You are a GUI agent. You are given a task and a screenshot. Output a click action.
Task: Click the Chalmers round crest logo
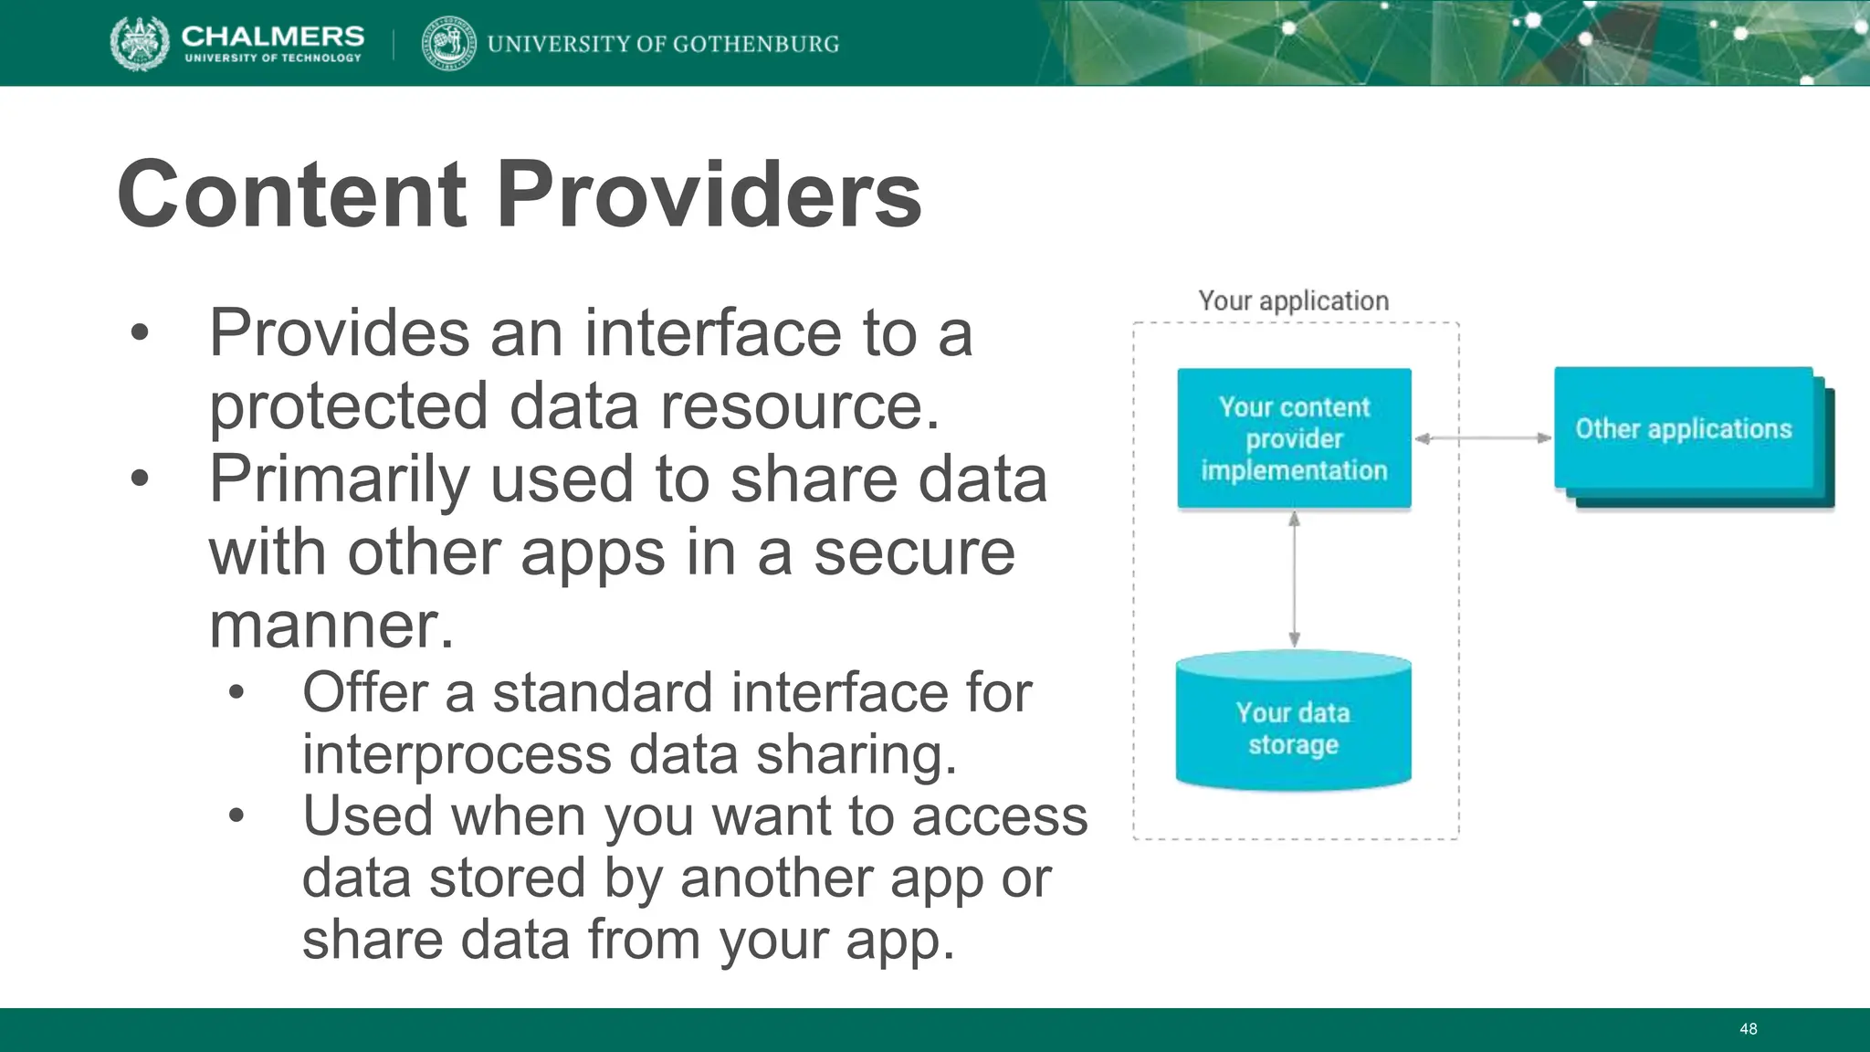(140, 43)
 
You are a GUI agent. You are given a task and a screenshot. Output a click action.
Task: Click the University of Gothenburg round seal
(448, 43)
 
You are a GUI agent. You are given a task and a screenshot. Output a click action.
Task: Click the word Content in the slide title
(292, 195)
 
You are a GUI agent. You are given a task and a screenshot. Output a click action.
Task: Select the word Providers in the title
(709, 195)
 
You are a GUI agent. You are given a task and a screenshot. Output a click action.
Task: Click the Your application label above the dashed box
(1293, 300)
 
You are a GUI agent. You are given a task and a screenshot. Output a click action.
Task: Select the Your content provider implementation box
(1294, 438)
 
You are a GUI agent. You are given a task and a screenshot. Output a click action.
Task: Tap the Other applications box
(1683, 429)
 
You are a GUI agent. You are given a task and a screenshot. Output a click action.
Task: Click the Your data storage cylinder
(1293, 727)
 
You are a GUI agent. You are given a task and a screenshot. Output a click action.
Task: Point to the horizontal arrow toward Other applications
(1483, 438)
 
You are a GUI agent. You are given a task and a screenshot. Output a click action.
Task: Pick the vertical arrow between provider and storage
(1294, 579)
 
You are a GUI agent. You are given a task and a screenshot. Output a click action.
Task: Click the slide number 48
(1748, 1029)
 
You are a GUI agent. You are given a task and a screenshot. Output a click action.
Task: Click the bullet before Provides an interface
(139, 333)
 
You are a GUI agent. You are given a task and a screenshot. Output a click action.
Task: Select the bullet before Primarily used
(139, 479)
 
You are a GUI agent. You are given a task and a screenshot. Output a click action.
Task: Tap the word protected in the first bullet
(348, 406)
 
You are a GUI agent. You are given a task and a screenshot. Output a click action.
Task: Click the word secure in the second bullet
(913, 552)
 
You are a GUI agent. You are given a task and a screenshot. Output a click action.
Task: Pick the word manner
(331, 626)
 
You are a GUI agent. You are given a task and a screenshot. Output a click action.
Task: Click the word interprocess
(457, 755)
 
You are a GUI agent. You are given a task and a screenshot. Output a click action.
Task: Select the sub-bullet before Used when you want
(236, 815)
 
